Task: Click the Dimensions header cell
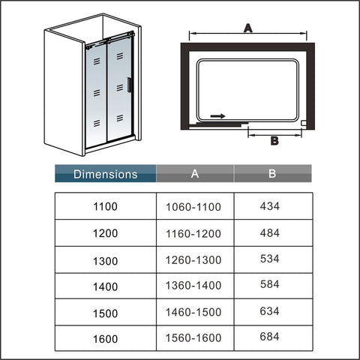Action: pyautogui.click(x=106, y=173)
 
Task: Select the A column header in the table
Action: pyautogui.click(x=195, y=173)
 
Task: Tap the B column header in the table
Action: pyautogui.click(x=273, y=173)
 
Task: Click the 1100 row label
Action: pyautogui.click(x=105, y=206)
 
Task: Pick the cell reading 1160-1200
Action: pyautogui.click(x=193, y=234)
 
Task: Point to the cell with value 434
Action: pyautogui.click(x=269, y=206)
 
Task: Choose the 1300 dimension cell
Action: pyautogui.click(x=105, y=261)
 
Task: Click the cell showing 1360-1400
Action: pyautogui.click(x=193, y=285)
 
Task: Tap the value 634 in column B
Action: pyautogui.click(x=269, y=311)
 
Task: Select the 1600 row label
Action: pyautogui.click(x=105, y=339)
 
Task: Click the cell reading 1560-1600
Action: pyautogui.click(x=193, y=338)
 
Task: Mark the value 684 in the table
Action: pyautogui.click(x=269, y=337)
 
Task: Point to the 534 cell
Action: pyautogui.click(x=269, y=259)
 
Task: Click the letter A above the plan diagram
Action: pyautogui.click(x=248, y=28)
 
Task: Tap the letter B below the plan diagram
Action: pyautogui.click(x=274, y=141)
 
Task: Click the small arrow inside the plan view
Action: pyautogui.click(x=217, y=116)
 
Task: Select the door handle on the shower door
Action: pyautogui.click(x=128, y=85)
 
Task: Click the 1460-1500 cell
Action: pyautogui.click(x=193, y=312)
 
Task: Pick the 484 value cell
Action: pyautogui.click(x=269, y=233)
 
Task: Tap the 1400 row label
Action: pyautogui.click(x=105, y=286)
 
